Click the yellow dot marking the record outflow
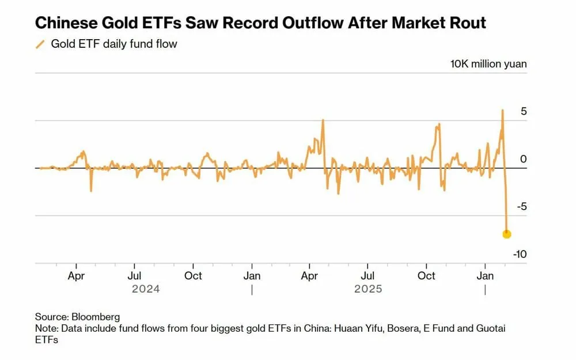tap(506, 234)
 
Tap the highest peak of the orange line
tap(502, 110)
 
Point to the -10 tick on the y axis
tap(520, 255)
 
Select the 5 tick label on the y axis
tap(524, 111)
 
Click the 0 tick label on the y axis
tap(524, 159)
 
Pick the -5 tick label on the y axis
tap(521, 207)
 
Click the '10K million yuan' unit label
tap(488, 64)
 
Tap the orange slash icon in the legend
tap(40, 44)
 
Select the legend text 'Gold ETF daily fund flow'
tap(114, 44)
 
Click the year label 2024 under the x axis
tap(146, 289)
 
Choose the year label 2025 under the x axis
tap(367, 289)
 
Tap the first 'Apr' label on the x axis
tap(76, 276)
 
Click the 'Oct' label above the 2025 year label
tap(426, 276)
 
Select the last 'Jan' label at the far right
tap(485, 276)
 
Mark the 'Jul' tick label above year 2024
tap(134, 276)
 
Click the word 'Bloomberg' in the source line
tap(96, 317)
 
